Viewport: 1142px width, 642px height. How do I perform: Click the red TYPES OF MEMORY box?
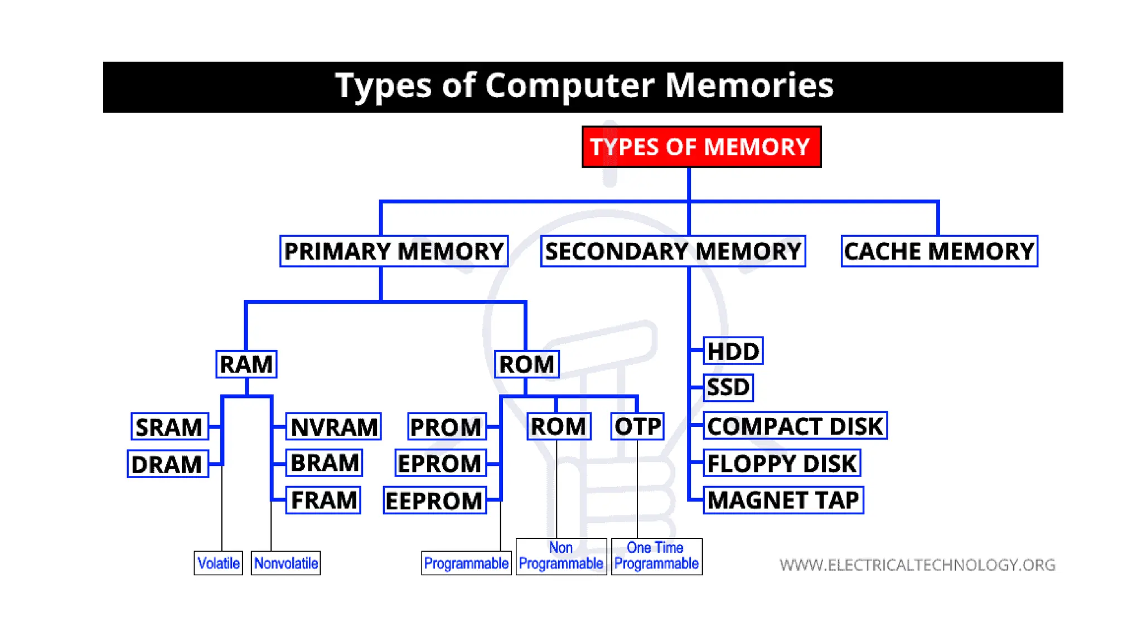point(701,147)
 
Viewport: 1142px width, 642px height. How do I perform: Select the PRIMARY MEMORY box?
point(394,251)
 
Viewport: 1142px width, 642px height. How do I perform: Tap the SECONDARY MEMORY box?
point(673,251)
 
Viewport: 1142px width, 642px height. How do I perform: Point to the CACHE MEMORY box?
point(939,251)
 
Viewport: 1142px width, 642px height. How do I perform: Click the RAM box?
point(246,364)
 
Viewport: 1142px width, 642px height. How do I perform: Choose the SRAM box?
point(170,427)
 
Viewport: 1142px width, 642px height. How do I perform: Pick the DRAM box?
point(168,464)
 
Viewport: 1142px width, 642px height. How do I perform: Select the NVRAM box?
point(333,427)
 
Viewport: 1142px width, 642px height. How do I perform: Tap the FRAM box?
point(323,500)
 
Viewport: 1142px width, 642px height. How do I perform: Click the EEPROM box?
point(435,500)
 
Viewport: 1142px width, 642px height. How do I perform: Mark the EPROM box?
point(441,463)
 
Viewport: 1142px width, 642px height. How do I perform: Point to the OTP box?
point(637,426)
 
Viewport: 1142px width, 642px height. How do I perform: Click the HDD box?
point(733,351)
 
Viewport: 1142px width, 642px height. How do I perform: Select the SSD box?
point(728,387)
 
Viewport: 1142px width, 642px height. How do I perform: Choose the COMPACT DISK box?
point(795,426)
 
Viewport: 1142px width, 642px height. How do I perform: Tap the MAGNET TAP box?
point(783,500)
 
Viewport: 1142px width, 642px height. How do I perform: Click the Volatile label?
point(219,563)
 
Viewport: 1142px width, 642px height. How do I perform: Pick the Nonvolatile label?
point(285,563)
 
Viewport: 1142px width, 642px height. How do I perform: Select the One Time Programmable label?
point(656,556)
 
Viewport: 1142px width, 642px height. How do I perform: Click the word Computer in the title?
point(569,85)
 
